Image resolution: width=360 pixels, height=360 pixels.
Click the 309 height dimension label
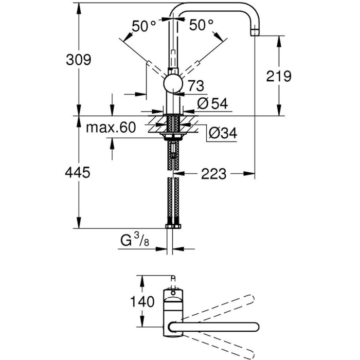(79, 60)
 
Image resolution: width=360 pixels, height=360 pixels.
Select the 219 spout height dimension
(279, 76)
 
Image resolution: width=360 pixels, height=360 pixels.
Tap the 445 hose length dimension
(78, 172)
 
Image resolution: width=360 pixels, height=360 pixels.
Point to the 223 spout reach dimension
(213, 174)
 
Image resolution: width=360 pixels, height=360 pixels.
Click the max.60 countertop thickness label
(111, 128)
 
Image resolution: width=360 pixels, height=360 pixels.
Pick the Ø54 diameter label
(212, 103)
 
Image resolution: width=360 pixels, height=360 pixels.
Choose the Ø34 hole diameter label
(222, 133)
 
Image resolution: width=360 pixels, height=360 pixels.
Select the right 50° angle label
(201, 25)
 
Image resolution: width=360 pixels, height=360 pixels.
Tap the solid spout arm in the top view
(216, 327)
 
